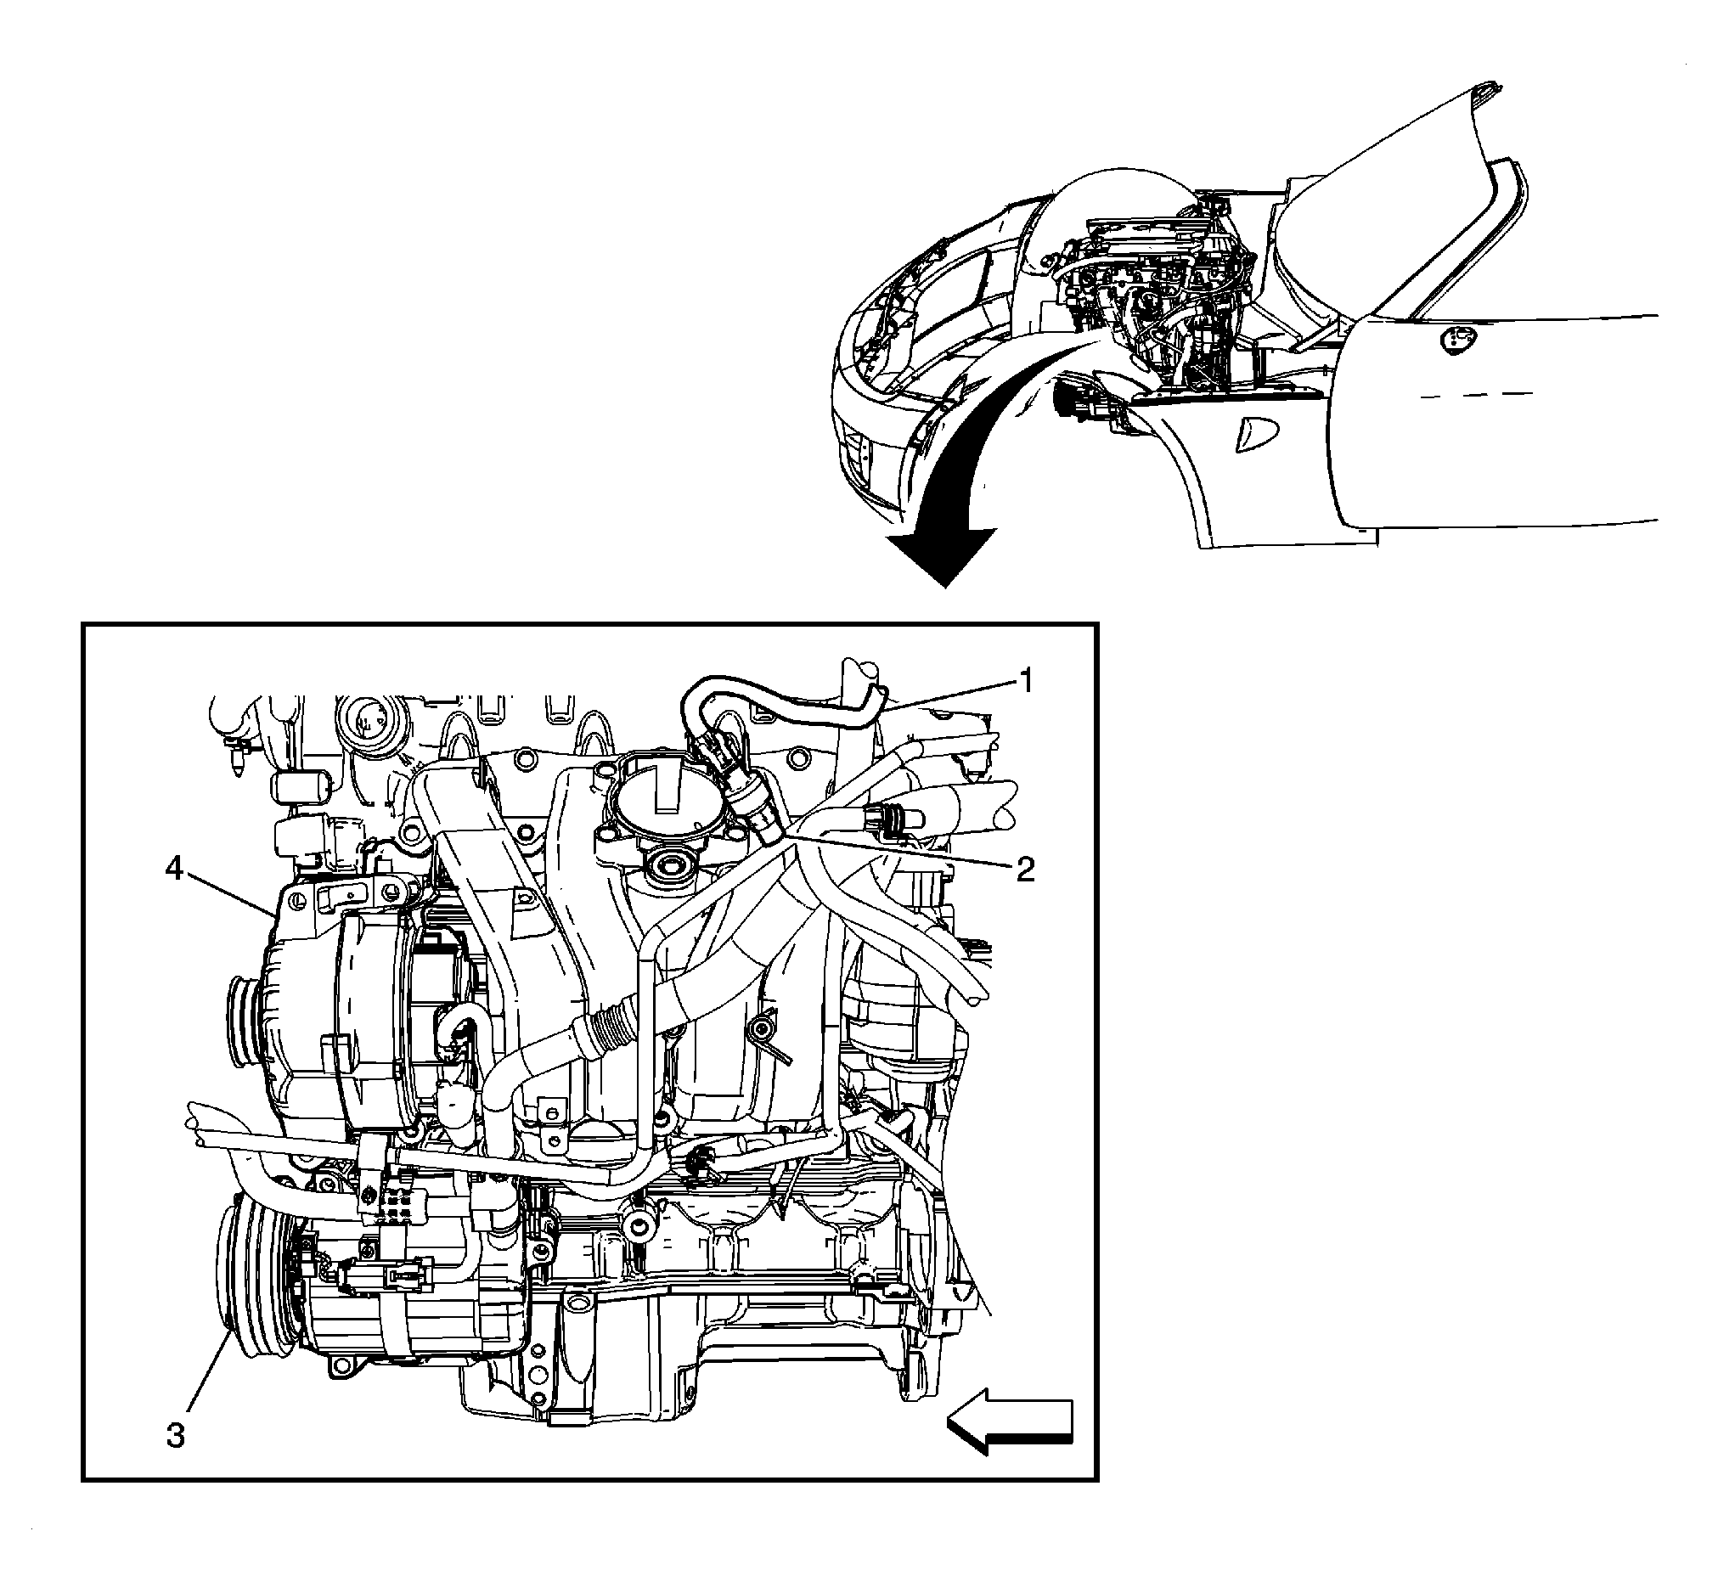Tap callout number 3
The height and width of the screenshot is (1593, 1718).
pyautogui.click(x=176, y=1435)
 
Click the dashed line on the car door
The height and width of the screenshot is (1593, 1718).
pyautogui.click(x=1474, y=395)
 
